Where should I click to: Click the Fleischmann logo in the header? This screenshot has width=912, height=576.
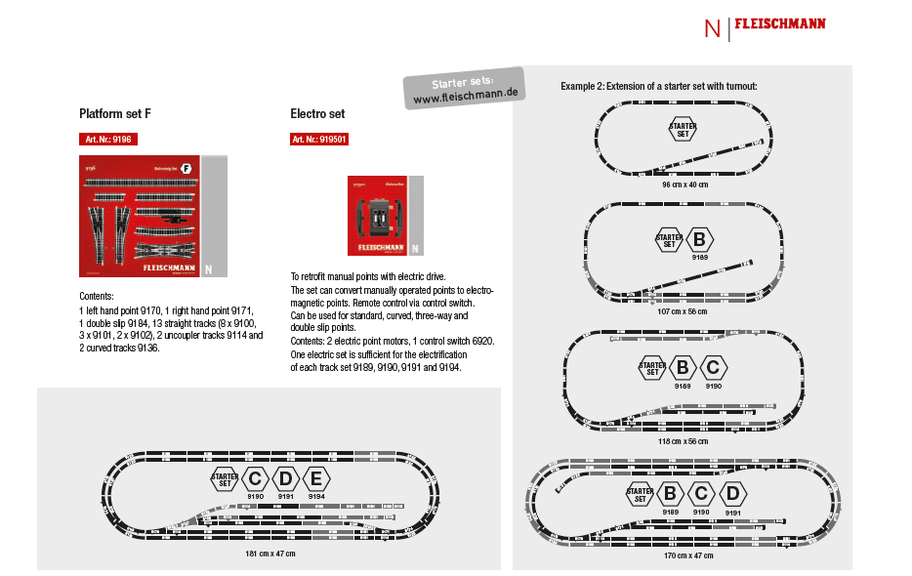(779, 25)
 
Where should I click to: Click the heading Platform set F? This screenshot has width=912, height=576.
(115, 114)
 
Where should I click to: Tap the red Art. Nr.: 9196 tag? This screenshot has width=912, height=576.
(108, 140)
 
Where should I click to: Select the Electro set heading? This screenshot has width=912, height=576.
(317, 114)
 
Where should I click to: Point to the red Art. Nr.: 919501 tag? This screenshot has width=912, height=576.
(319, 140)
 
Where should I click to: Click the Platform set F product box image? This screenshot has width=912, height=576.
(153, 216)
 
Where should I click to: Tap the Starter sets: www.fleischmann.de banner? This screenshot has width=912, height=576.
(464, 89)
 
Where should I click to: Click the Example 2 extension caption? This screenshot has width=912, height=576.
(659, 87)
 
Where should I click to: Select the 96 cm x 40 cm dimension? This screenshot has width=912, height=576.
(684, 184)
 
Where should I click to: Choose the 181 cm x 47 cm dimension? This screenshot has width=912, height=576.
(269, 554)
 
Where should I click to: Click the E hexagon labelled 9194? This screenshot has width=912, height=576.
(316, 478)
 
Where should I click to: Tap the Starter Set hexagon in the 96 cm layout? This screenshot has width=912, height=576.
(683, 129)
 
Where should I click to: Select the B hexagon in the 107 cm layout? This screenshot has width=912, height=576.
(699, 239)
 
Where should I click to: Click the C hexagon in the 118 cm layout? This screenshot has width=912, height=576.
(714, 368)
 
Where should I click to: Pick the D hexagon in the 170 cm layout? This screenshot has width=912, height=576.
(733, 493)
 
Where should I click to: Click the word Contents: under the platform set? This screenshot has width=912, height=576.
(97, 295)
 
